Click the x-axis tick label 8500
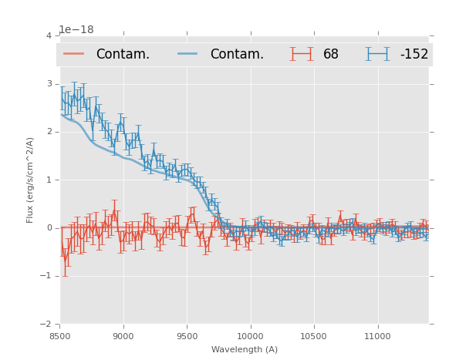pos(60,336)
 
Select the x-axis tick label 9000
pos(123,336)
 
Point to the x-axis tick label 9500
pos(187,336)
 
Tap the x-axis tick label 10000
pos(250,336)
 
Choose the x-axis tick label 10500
pos(314,336)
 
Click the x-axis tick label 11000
pos(377,336)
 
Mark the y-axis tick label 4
pos(49,36)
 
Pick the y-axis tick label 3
pos(49,84)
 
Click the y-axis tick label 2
pos(49,132)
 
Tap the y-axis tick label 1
pos(49,180)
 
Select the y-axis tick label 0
pos(49,228)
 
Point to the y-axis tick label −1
pos(46,276)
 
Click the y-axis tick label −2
pos(46,324)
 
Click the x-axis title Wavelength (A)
pos(245,350)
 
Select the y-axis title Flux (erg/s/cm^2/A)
pos(30,180)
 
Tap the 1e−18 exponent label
pos(76,29)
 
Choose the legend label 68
pos(331,55)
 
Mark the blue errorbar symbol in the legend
pos(377,54)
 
